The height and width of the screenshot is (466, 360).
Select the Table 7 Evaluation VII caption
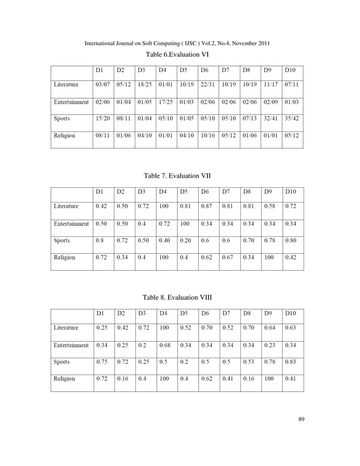pyautogui.click(x=178, y=176)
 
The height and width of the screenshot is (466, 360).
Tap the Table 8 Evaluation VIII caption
pyautogui.click(x=178, y=298)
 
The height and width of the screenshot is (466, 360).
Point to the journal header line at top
pyautogui.click(x=179, y=44)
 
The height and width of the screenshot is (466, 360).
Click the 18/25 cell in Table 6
pyautogui.click(x=144, y=85)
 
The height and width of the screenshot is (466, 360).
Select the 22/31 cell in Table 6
pyautogui.click(x=208, y=85)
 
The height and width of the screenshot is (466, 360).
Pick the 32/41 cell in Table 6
pyautogui.click(x=271, y=119)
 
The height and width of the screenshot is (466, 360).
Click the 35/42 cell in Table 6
pyautogui.click(x=292, y=119)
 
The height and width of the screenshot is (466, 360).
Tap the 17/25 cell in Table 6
pyautogui.click(x=165, y=102)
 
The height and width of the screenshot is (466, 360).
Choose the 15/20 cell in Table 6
pyautogui.click(x=102, y=119)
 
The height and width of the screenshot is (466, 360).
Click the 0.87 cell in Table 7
pyautogui.click(x=207, y=206)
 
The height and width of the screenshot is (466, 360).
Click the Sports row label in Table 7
pyautogui.click(x=62, y=240)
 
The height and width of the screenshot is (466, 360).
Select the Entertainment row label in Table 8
pyautogui.click(x=71, y=345)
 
